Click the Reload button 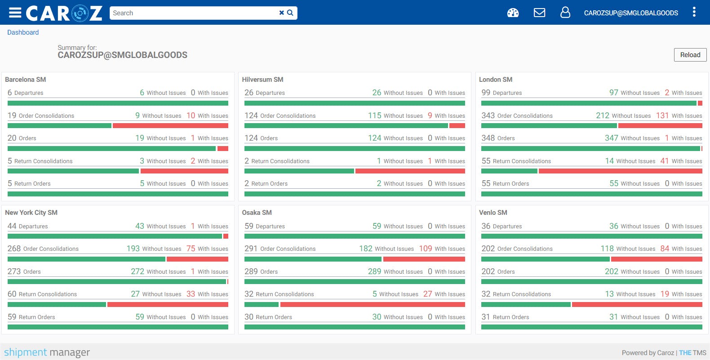[x=690, y=55]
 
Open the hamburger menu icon [x=15, y=13]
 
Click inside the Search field [x=193, y=13]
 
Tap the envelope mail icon [x=539, y=13]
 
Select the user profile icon [x=565, y=13]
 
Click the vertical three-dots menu [x=694, y=12]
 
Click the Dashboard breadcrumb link [x=23, y=32]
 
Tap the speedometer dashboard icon [x=513, y=13]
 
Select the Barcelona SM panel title [x=26, y=80]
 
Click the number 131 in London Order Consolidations [x=662, y=116]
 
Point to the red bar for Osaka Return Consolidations [x=373, y=304]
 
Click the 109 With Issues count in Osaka [x=425, y=249]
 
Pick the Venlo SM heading [x=493, y=213]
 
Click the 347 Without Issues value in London [x=611, y=138]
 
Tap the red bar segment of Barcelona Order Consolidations [x=170, y=126]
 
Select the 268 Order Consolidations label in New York [x=43, y=249]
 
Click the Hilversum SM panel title [x=262, y=80]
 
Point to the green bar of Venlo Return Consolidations [x=526, y=304]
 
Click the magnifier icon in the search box [x=290, y=13]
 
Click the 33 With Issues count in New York [x=191, y=294]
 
